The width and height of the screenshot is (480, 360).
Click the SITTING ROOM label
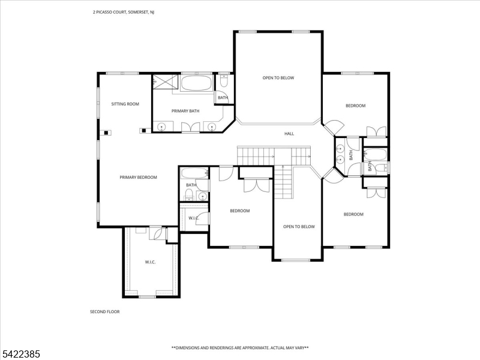tap(125, 104)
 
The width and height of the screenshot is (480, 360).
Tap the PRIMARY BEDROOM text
tap(138, 177)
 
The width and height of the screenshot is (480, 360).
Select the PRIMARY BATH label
tap(185, 111)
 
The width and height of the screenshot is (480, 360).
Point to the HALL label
tap(289, 133)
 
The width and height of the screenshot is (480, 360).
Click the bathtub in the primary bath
tap(196, 83)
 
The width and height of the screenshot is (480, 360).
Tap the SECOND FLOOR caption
tap(104, 311)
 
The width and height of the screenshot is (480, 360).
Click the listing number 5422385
tap(21, 355)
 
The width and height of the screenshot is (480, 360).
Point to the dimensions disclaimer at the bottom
tap(240, 347)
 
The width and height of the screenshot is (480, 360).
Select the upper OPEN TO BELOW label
tap(278, 77)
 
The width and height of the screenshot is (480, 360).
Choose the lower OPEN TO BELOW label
tap(299, 226)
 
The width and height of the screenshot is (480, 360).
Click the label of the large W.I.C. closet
tap(150, 262)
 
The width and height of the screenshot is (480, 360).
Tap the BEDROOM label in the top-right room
tap(355, 106)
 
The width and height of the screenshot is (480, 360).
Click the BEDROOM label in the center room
tap(240, 211)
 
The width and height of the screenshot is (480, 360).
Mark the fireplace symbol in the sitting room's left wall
tap(106, 133)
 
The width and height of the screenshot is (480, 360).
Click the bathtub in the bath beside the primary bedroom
tap(194, 174)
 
